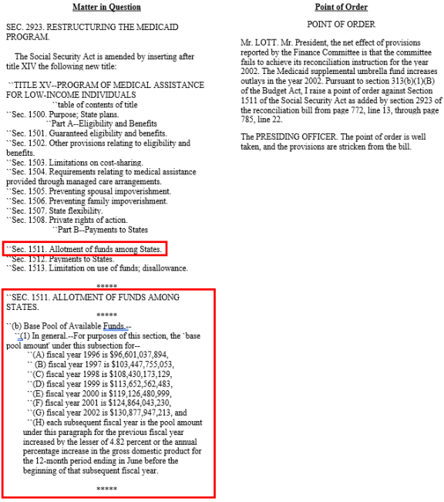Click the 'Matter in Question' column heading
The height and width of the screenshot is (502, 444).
(106, 7)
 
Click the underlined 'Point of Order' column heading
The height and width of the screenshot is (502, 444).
(340, 7)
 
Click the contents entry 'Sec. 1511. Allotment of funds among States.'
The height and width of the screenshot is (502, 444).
(86, 249)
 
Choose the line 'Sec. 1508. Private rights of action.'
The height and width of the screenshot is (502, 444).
(71, 220)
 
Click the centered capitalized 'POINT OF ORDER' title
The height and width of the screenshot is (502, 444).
(341, 25)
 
